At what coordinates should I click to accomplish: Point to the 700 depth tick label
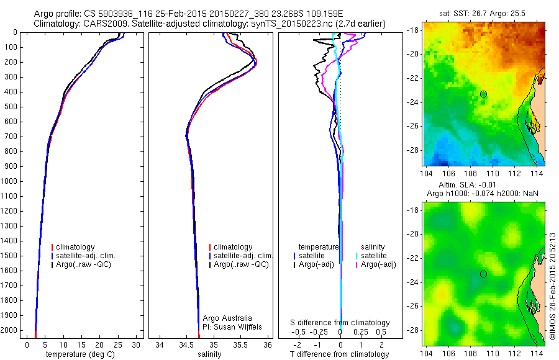point(11,137)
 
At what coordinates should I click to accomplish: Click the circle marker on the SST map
point(483,94)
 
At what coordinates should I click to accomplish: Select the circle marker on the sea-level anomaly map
point(483,274)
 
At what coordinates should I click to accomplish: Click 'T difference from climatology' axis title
point(340,354)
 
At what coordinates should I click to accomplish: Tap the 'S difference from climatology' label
point(340,323)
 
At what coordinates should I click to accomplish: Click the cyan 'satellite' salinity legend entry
point(374,256)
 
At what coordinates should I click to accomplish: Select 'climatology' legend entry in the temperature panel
point(76,247)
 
